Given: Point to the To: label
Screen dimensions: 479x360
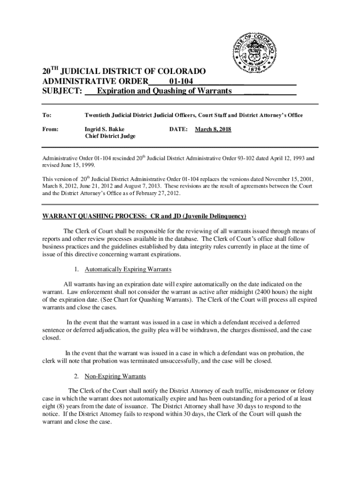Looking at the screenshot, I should tap(47, 115).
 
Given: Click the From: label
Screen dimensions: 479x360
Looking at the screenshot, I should tap(50, 129).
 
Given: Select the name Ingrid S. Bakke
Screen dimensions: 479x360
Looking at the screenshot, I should tap(104, 129).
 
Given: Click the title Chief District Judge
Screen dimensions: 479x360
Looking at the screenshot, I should tap(110, 137).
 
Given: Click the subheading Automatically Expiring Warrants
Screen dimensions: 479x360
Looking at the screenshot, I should tap(128, 269).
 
